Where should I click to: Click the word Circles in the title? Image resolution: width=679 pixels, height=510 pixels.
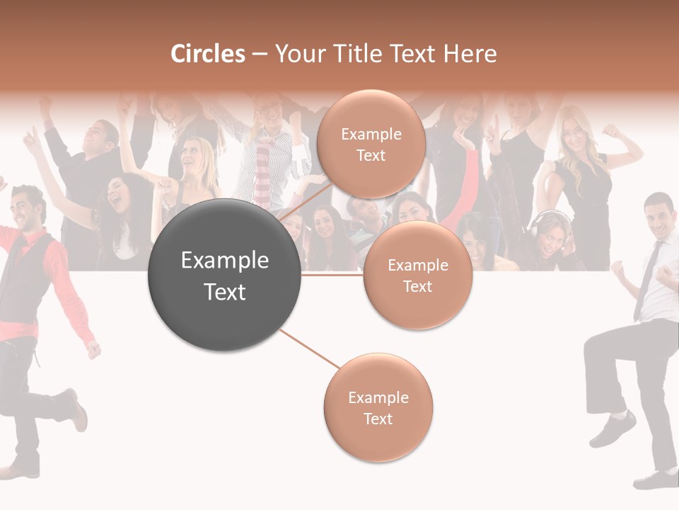click(x=208, y=54)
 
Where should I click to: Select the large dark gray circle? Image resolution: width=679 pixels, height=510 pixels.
click(x=225, y=275)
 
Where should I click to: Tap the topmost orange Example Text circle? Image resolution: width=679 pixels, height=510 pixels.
click(x=371, y=144)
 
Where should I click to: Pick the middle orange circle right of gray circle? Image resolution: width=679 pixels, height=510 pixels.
click(x=418, y=275)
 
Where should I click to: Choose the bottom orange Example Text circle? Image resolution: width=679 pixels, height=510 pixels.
click(x=378, y=407)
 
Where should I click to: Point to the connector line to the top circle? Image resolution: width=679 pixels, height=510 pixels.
click(x=305, y=201)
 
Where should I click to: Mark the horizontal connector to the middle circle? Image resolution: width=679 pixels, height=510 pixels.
click(x=332, y=275)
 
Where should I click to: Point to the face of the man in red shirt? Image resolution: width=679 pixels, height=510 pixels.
click(x=28, y=210)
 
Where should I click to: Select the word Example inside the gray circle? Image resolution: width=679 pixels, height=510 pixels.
click(x=225, y=261)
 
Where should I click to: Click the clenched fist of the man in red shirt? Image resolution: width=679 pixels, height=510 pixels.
click(x=93, y=350)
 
